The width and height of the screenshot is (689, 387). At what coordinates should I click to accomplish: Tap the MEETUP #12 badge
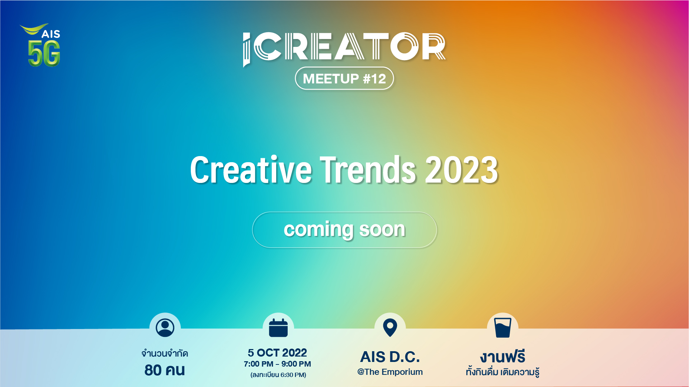click(344, 78)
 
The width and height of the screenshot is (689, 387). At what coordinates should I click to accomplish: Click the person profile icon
click(165, 328)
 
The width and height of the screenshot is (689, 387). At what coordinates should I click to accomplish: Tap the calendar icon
click(278, 328)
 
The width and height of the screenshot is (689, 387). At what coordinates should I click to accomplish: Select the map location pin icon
click(390, 328)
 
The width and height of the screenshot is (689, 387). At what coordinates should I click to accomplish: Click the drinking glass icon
click(502, 328)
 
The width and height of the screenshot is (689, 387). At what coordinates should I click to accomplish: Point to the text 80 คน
click(165, 370)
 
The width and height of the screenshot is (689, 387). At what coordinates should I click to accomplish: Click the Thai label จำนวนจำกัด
click(165, 353)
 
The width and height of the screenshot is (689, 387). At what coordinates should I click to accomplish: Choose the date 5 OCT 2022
click(277, 353)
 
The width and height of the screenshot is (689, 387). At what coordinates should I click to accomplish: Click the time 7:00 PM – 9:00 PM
click(277, 364)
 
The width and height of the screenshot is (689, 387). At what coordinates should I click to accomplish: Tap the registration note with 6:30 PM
click(278, 375)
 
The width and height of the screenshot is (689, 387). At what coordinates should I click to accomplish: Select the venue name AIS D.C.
click(390, 357)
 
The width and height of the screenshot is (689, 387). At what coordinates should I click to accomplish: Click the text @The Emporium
click(390, 372)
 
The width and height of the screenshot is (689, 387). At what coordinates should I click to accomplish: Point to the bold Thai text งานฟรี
click(502, 357)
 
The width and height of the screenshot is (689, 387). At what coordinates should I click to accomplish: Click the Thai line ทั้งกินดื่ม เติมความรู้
click(502, 372)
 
